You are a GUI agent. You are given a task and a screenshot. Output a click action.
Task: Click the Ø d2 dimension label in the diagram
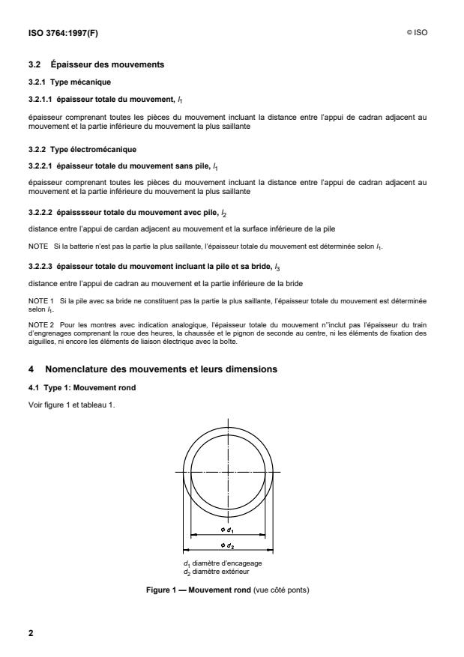tap(230, 546)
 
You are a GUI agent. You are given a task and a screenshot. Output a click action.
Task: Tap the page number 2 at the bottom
tap(31, 633)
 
